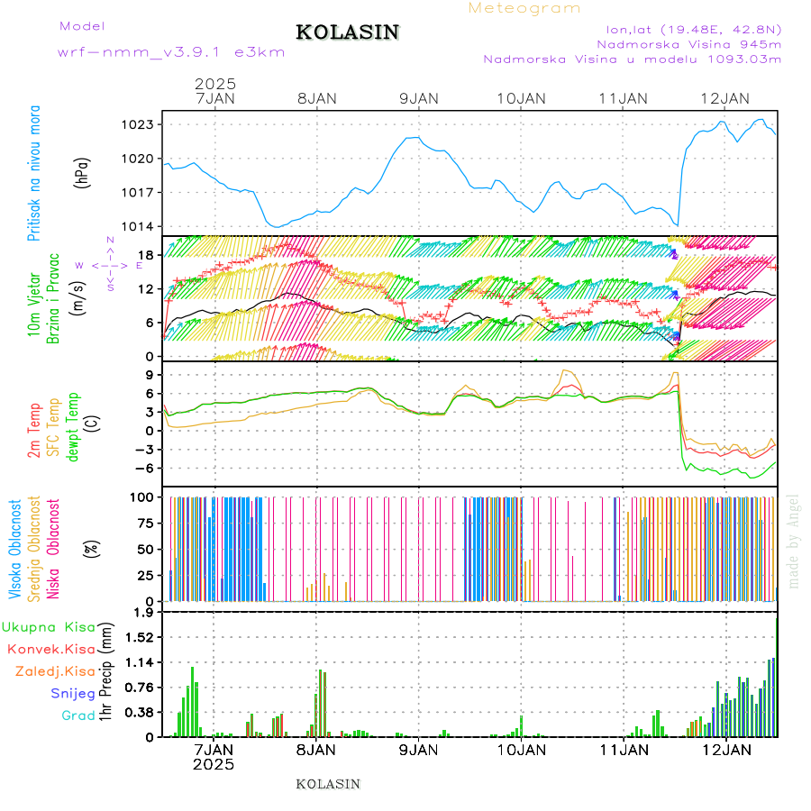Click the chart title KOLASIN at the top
[x=347, y=32]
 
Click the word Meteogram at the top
[x=524, y=8]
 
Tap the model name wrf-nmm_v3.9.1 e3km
[x=171, y=52]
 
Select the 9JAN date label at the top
[x=418, y=98]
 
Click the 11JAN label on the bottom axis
[x=623, y=748]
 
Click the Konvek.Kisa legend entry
[x=50, y=649]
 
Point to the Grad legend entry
[x=77, y=716]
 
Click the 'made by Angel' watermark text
[x=794, y=541]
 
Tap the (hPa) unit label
[x=83, y=172]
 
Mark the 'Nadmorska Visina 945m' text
[x=689, y=43]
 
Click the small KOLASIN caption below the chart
[x=328, y=784]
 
